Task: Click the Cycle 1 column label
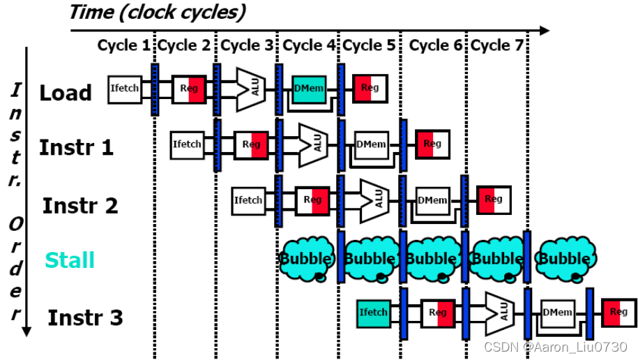point(123,46)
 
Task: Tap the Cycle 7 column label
point(497,46)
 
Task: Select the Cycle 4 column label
point(309,46)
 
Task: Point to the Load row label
point(65,93)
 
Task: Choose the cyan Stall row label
point(70,260)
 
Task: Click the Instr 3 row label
point(85,318)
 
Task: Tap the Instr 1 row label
point(76,148)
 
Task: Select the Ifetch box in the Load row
point(126,89)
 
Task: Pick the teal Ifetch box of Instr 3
point(373,313)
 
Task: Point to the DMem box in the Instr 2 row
point(432,201)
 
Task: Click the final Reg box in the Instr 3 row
point(619,313)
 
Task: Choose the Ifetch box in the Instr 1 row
point(188,144)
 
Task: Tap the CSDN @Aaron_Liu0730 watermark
point(556,347)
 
